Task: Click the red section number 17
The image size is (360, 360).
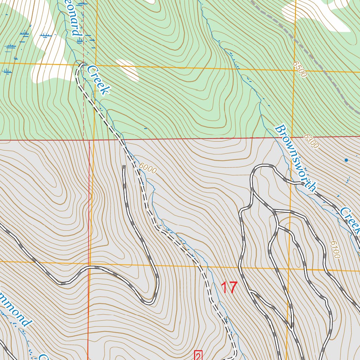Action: pyautogui.click(x=229, y=288)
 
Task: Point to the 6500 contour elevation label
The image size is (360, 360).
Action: pyautogui.click(x=300, y=69)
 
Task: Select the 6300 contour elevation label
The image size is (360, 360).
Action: pyautogui.click(x=311, y=141)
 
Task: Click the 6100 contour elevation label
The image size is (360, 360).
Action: pyautogui.click(x=335, y=250)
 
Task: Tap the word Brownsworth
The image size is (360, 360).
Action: pyautogui.click(x=295, y=157)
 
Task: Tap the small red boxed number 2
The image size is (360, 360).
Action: pyautogui.click(x=198, y=356)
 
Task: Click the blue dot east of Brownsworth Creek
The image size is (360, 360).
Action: pyautogui.click(x=346, y=160)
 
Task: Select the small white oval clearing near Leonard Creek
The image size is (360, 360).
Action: pyautogui.click(x=127, y=69)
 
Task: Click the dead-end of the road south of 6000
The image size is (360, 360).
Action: pyautogui.click(x=124, y=166)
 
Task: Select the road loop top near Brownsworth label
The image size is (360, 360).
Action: pyautogui.click(x=264, y=166)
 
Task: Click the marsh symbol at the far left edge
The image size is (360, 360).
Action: pyautogui.click(x=6, y=72)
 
